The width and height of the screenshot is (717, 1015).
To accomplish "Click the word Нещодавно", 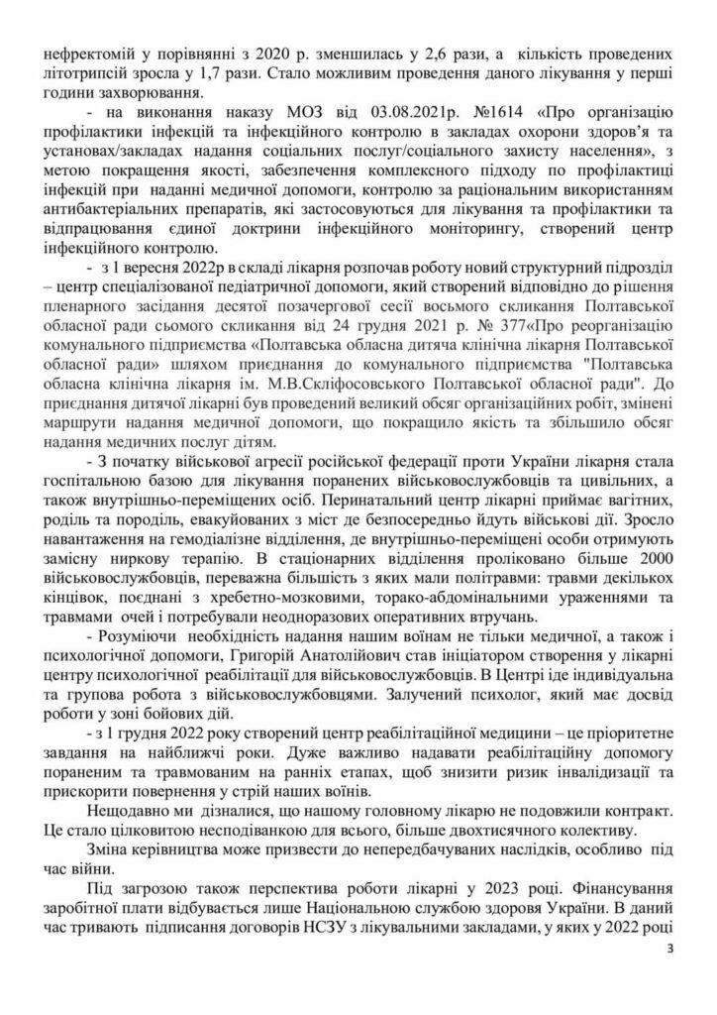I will [134, 809].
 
